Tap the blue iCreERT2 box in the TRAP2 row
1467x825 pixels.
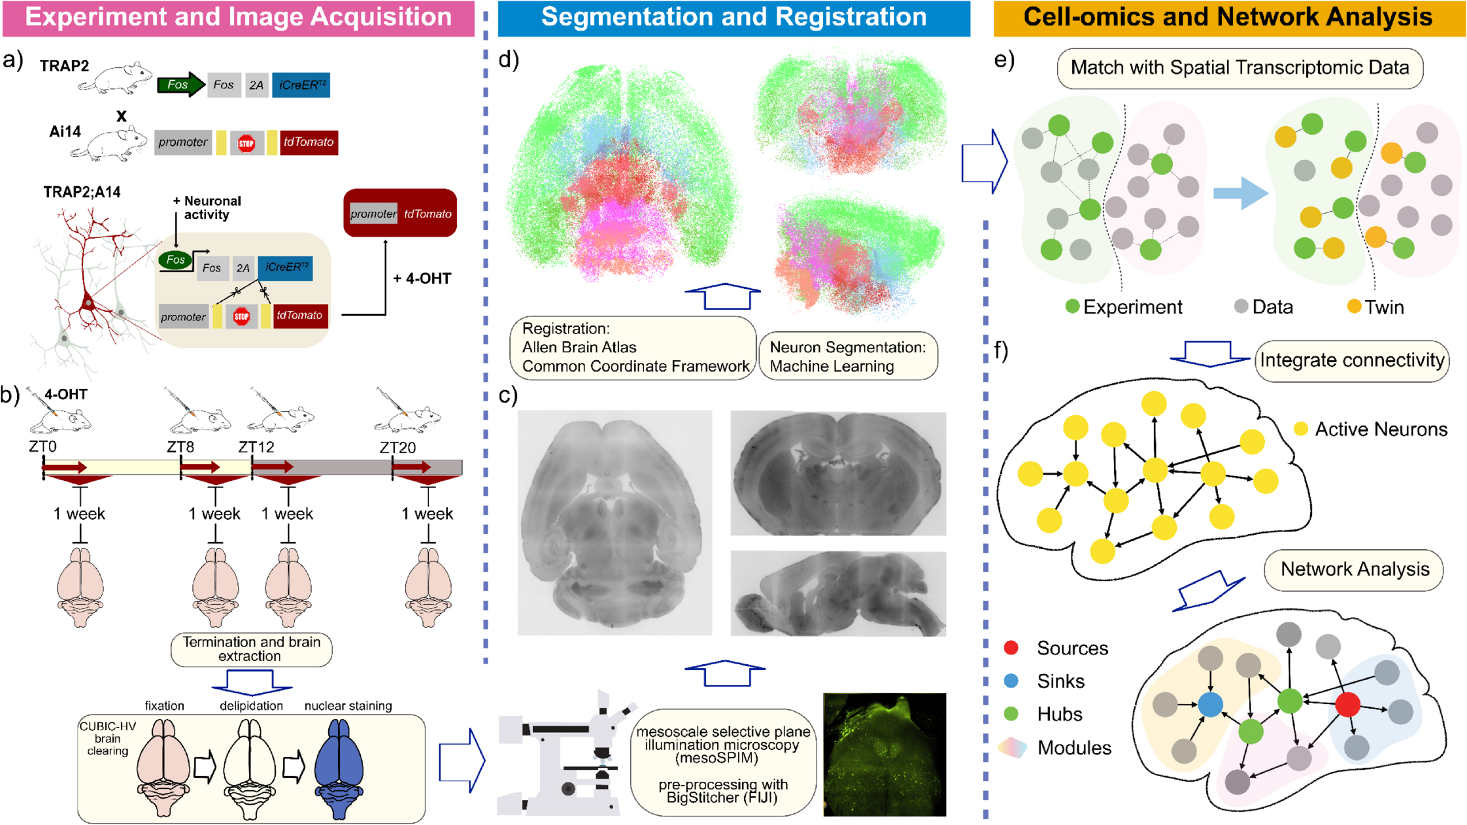coord(301,85)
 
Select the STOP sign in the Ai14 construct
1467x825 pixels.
coord(246,143)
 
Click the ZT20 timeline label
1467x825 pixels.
coord(397,448)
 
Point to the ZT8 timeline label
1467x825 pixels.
coord(180,447)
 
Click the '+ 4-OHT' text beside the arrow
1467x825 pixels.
coord(422,278)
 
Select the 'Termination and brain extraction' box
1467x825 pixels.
coord(251,649)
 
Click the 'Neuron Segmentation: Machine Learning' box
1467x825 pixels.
coord(848,356)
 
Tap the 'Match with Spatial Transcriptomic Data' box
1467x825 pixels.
coord(1239,68)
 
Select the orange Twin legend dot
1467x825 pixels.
coord(1355,306)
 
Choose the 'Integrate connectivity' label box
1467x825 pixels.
coord(1351,360)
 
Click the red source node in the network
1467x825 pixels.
coord(1347,704)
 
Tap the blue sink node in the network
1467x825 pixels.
coord(1210,705)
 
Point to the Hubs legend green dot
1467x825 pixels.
coord(1011,714)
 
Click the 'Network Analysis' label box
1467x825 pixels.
coord(1354,569)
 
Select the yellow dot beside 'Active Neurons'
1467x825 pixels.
coord(1301,429)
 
